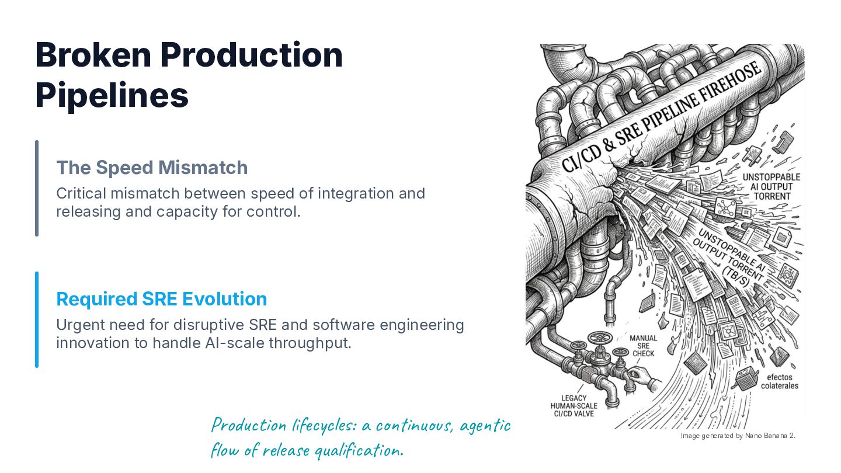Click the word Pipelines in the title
(x=112, y=96)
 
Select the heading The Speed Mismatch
(x=152, y=168)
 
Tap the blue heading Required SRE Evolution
(x=161, y=299)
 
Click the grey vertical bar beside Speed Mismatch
(x=37, y=189)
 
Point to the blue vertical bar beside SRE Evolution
(x=37, y=320)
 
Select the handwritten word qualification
(x=359, y=450)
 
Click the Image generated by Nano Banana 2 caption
(x=738, y=436)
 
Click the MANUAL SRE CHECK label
(x=643, y=346)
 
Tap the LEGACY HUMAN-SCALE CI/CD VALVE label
(x=574, y=406)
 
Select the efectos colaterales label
(x=780, y=381)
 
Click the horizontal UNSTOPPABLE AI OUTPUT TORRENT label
(x=772, y=187)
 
